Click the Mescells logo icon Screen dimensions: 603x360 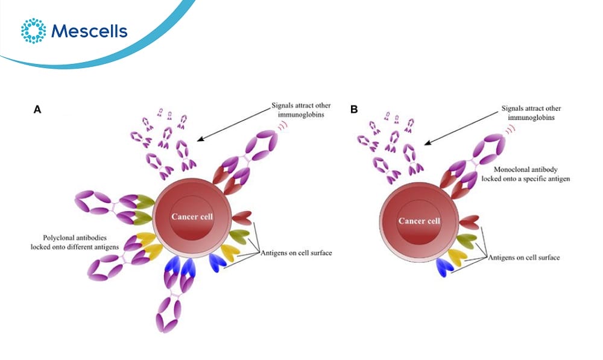[x=33, y=31]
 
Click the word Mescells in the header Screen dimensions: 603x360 [x=89, y=31]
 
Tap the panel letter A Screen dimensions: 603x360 [x=37, y=110]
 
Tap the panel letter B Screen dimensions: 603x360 [x=354, y=110]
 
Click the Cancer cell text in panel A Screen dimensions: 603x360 [x=192, y=216]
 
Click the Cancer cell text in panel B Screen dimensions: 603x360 [x=419, y=221]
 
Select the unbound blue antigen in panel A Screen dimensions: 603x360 [x=217, y=262]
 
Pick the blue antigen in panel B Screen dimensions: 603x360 [x=444, y=267]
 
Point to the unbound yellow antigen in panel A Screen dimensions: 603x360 [x=230, y=252]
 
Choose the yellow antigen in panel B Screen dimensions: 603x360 [x=458, y=257]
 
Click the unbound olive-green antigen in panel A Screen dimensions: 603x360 [x=239, y=236]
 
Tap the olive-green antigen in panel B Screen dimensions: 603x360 [x=467, y=241]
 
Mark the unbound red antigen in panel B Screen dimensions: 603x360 [x=469, y=223]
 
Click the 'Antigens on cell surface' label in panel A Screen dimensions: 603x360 [x=296, y=253]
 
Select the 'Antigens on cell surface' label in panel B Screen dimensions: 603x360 [x=524, y=257]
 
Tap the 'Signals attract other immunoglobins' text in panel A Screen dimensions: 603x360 [x=301, y=110]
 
